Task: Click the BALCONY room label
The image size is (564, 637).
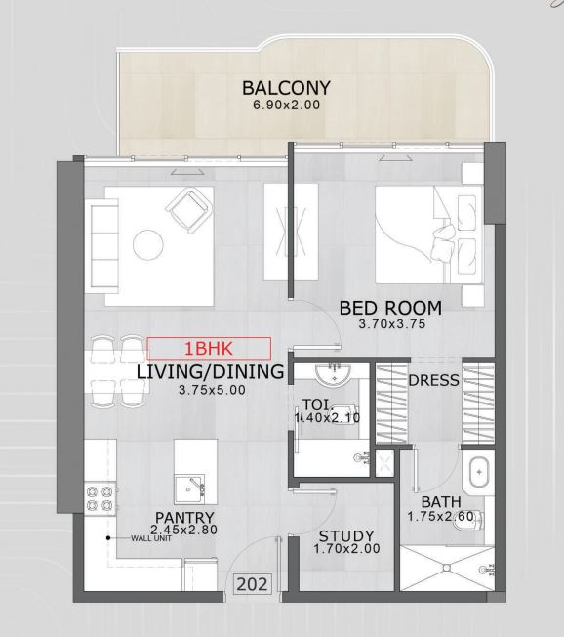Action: click(x=286, y=88)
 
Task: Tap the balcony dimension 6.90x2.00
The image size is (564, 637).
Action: click(x=287, y=105)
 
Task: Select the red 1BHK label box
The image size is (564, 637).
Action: click(x=209, y=349)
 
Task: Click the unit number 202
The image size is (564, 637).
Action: click(x=252, y=584)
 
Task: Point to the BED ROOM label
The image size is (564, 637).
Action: click(x=390, y=308)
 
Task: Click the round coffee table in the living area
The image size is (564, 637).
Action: click(x=148, y=245)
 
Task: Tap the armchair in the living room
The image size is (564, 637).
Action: click(x=189, y=210)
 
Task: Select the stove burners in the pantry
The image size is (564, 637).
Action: click(x=100, y=498)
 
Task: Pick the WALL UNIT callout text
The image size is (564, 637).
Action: click(x=151, y=538)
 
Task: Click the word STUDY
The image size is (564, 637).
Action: click(x=346, y=536)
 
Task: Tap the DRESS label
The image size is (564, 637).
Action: click(x=434, y=380)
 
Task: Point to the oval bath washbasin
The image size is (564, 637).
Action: click(x=479, y=472)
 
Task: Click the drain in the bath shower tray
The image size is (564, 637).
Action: click(x=447, y=568)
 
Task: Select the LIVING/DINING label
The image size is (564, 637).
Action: click(x=210, y=372)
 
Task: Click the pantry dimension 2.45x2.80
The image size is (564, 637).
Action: click(x=183, y=530)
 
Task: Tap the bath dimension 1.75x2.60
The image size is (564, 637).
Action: click(x=441, y=517)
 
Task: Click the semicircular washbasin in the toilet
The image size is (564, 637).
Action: click(x=333, y=375)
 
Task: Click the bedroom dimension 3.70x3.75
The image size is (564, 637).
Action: click(x=392, y=324)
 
